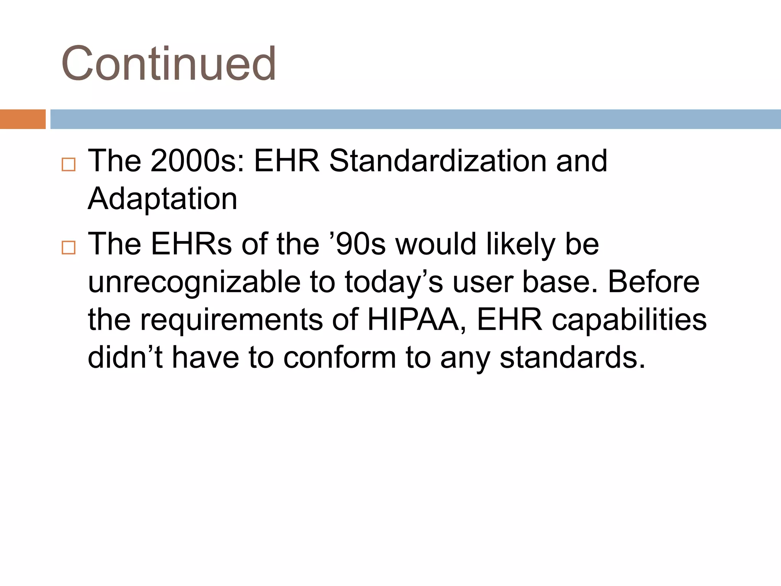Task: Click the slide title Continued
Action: tap(169, 63)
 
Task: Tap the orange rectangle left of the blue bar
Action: tap(22, 119)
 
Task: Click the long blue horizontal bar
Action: tap(415, 119)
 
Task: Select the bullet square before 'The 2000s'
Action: tap(69, 164)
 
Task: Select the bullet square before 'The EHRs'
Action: tap(69, 248)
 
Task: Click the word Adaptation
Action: tap(162, 199)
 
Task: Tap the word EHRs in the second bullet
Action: tap(191, 244)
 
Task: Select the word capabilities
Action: tap(629, 320)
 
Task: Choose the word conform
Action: tap(340, 357)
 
